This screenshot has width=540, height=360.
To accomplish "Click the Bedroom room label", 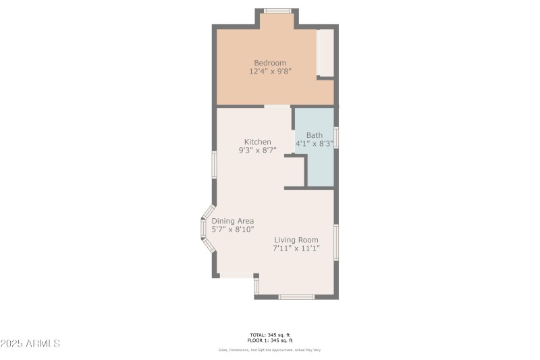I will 270,63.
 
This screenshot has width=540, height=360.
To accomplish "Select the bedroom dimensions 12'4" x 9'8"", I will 270,71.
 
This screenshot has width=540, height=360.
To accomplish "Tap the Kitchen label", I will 257,142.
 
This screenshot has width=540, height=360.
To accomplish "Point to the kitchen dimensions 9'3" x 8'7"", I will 257,151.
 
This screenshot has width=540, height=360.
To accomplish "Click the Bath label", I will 315,135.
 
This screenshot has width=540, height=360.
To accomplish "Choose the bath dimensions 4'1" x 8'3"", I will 315,144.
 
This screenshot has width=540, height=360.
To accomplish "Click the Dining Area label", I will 233,221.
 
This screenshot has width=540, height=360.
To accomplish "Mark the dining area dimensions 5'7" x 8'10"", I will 233,230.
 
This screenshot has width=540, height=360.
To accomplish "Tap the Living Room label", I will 296,240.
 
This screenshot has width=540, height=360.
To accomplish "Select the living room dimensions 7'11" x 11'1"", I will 296,249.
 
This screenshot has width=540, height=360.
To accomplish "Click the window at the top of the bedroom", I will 277,10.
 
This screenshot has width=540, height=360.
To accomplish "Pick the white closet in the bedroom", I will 325,52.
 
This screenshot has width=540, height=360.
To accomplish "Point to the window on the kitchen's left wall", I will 214,164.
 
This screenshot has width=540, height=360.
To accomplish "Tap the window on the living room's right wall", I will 336,242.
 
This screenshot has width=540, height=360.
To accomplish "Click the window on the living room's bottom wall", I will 297,297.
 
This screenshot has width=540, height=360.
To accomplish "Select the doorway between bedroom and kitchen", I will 277,106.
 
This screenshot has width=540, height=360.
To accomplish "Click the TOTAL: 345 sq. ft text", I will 270,335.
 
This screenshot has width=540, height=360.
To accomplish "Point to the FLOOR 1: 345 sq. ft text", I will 270,340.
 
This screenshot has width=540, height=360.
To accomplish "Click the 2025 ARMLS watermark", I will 30,344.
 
